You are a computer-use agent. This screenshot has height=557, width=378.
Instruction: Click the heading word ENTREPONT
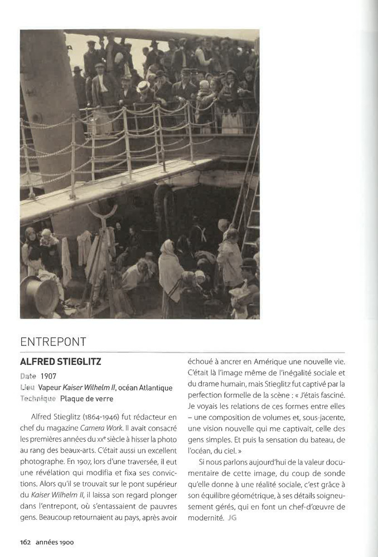[53, 342]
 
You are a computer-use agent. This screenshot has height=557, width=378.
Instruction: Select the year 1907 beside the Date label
[48, 377]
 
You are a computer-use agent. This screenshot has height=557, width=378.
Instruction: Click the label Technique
[38, 398]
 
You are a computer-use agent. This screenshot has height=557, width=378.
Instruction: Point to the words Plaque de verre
[86, 398]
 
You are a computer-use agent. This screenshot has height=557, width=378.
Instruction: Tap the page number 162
[25, 541]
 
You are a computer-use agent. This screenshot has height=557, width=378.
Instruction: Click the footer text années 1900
[55, 541]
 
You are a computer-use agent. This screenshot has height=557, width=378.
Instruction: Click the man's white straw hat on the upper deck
[143, 86]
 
